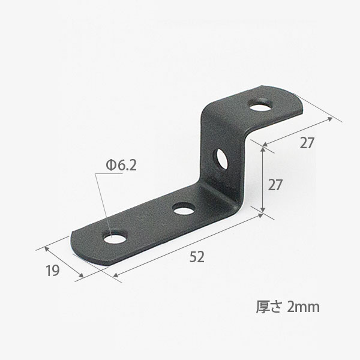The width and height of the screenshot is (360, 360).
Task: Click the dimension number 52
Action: [x=197, y=257]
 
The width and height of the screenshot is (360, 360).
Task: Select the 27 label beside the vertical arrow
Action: [x=275, y=185]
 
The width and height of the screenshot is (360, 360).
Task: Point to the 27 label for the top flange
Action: [x=307, y=143]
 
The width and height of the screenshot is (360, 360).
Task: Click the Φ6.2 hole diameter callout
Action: [x=121, y=165]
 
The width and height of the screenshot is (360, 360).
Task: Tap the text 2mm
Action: [x=303, y=307]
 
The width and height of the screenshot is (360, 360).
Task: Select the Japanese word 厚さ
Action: [x=268, y=307]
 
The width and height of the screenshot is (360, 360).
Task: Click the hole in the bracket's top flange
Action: [x=262, y=106]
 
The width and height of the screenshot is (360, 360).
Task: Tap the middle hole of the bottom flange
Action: [x=184, y=209]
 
